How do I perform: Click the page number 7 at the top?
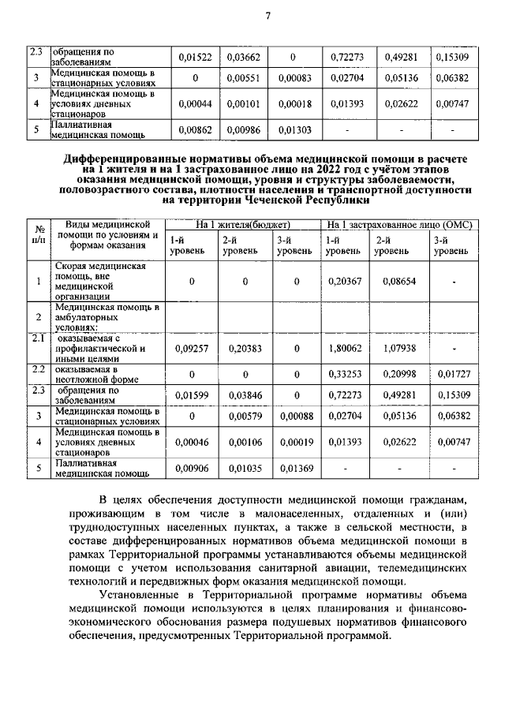267,18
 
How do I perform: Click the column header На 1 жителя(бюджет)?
244,225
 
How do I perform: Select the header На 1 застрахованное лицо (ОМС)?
398,225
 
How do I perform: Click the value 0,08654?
398,281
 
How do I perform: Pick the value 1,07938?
398,346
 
